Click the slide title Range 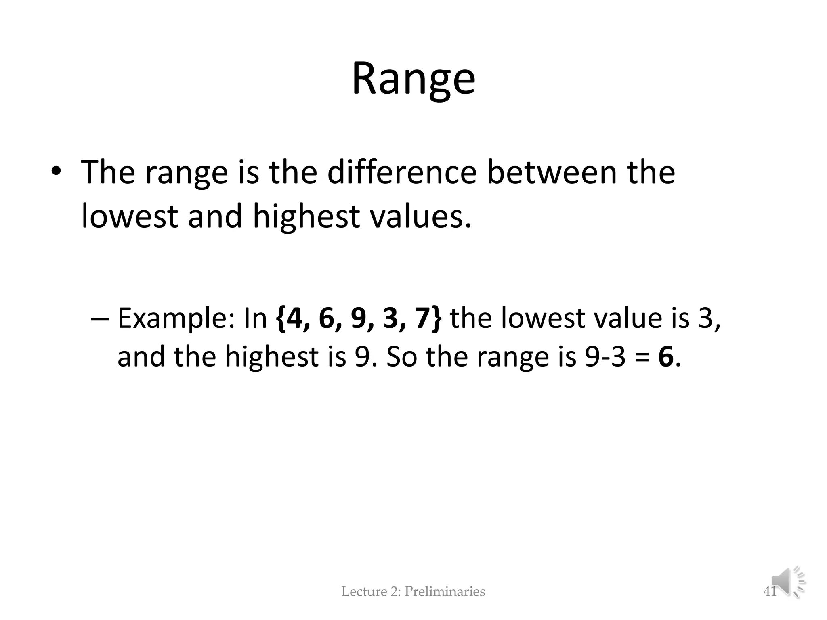[413, 79]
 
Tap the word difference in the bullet [402, 172]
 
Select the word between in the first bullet [552, 172]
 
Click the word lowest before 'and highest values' [130, 216]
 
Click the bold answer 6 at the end [666, 357]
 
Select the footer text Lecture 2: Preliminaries [413, 592]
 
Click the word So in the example [402, 357]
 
